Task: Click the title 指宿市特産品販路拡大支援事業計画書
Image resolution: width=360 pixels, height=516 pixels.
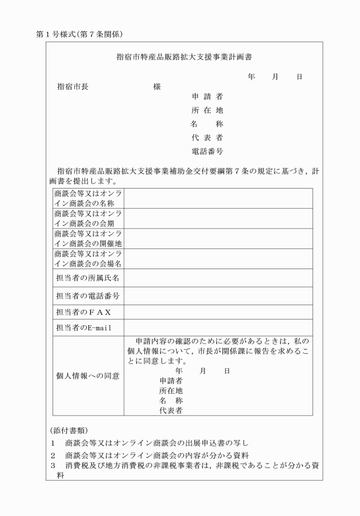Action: [x=185, y=57]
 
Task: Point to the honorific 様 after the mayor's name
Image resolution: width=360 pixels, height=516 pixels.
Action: [x=157, y=86]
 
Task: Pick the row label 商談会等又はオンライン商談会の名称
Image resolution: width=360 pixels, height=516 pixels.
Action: [x=88, y=198]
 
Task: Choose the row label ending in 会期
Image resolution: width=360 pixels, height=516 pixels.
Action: [x=88, y=218]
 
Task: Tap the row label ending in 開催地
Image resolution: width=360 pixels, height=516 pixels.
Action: [x=88, y=239]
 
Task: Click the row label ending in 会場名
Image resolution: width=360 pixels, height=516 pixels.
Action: [x=88, y=259]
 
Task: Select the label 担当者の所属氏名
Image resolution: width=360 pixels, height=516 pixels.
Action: [x=87, y=278]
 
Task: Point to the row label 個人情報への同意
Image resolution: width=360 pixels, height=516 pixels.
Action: [x=87, y=375]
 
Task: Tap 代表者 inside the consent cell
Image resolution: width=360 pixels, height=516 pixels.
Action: [x=171, y=410]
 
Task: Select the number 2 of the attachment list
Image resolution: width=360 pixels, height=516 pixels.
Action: [x=52, y=455]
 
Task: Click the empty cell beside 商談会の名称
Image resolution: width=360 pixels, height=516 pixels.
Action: [x=218, y=198]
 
